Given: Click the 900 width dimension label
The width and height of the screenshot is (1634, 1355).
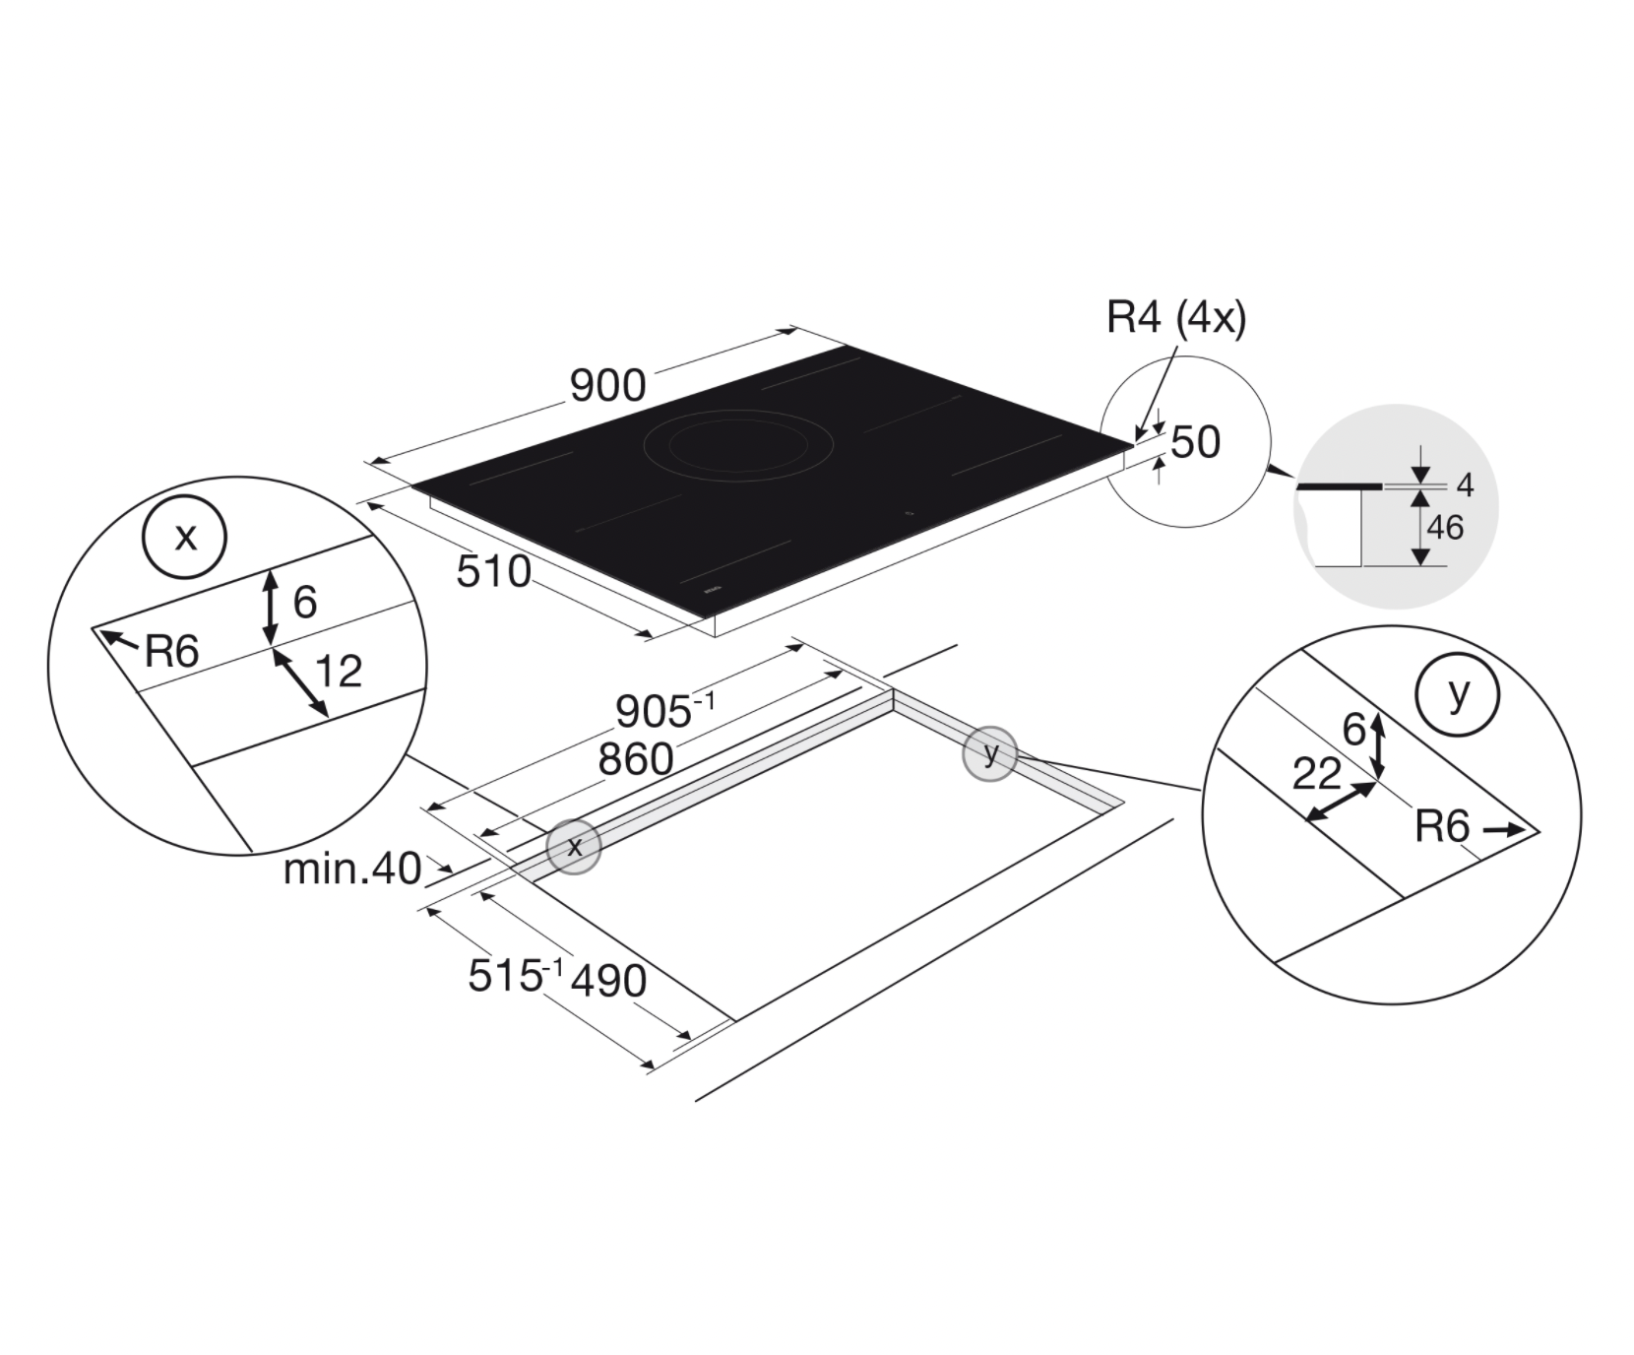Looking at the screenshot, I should pyautogui.click(x=607, y=386).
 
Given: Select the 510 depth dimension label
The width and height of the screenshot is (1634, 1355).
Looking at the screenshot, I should pyautogui.click(x=493, y=571).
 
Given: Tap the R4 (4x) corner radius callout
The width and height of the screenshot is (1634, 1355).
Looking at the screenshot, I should pyautogui.click(x=1175, y=317).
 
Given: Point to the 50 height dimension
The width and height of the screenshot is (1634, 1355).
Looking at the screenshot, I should pyautogui.click(x=1196, y=442).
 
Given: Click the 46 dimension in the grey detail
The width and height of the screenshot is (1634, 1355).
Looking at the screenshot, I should pyautogui.click(x=1444, y=528).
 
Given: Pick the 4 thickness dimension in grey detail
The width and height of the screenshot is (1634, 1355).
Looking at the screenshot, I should pyautogui.click(x=1465, y=484).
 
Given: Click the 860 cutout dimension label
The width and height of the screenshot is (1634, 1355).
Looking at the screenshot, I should pyautogui.click(x=636, y=759).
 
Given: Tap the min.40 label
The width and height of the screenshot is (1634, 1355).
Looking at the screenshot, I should pyautogui.click(x=351, y=870).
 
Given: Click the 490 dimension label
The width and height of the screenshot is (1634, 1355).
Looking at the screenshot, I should pyautogui.click(x=608, y=980).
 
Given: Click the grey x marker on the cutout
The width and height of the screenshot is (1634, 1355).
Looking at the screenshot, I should pyautogui.click(x=574, y=846).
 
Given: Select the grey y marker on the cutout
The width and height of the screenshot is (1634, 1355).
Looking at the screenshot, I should pyautogui.click(x=989, y=754).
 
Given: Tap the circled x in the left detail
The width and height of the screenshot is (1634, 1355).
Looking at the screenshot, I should pyautogui.click(x=185, y=538).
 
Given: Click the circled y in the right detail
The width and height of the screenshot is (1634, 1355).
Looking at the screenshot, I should pyautogui.click(x=1457, y=694).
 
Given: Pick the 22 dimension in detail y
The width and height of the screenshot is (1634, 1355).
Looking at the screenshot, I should pyautogui.click(x=1316, y=775).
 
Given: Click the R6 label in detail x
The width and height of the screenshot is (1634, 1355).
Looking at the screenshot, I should pyautogui.click(x=171, y=652).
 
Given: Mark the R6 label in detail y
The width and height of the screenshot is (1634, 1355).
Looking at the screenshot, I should pyautogui.click(x=1441, y=827).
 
